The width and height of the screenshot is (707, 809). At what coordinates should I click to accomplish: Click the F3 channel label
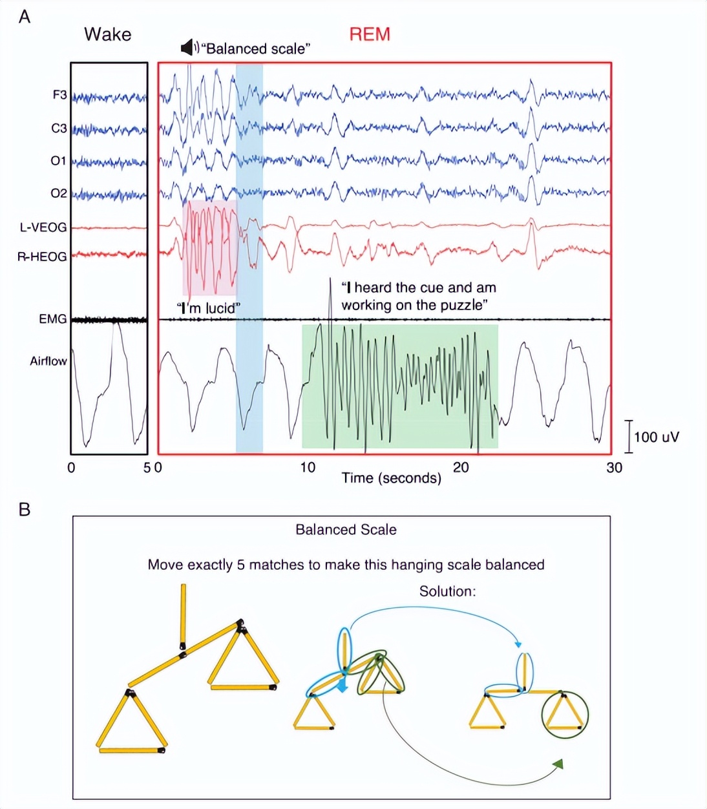click(59, 95)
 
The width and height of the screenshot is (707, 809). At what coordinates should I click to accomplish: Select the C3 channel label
click(59, 129)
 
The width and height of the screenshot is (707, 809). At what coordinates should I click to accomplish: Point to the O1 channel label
click(58, 160)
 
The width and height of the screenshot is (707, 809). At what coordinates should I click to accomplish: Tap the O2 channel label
click(58, 193)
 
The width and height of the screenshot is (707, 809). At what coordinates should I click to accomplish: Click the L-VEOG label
click(43, 227)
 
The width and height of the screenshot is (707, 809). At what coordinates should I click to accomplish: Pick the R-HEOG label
click(42, 257)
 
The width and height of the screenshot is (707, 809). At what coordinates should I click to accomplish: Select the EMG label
click(52, 319)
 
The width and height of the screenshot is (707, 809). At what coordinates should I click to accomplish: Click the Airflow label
click(48, 361)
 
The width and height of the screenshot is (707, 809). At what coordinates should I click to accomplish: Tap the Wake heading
click(107, 34)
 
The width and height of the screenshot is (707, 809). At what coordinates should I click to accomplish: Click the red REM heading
click(370, 34)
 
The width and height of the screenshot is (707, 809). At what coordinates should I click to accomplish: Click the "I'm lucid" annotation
click(206, 308)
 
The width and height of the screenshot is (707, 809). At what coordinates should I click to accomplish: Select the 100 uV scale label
click(656, 437)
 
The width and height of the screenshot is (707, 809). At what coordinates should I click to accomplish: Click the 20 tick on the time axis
click(461, 467)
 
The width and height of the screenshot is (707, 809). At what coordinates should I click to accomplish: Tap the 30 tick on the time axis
click(614, 467)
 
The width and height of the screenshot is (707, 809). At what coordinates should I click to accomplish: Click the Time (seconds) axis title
click(391, 478)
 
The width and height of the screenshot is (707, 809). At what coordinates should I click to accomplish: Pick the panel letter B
click(25, 510)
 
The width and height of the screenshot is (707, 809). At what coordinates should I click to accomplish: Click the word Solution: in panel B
click(447, 591)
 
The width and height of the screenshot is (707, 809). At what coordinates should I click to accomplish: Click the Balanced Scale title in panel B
click(346, 530)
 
